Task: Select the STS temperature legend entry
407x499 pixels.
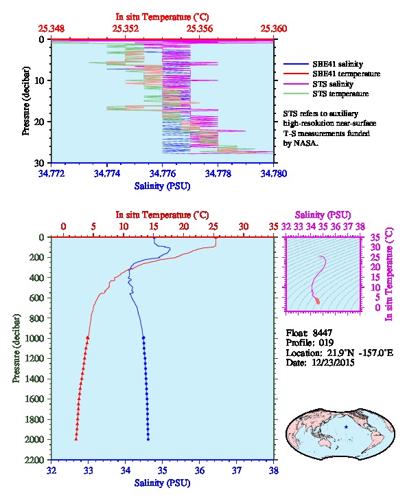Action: (326, 93)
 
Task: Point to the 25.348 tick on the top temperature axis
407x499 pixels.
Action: (51, 29)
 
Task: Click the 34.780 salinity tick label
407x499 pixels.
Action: (274, 173)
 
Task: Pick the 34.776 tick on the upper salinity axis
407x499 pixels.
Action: (163, 173)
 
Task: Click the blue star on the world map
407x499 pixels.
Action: (346, 427)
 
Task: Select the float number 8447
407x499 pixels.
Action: (322, 333)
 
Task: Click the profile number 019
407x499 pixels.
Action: (326, 343)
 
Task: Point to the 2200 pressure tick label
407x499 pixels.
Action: (34, 460)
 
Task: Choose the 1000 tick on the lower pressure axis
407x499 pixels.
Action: (34, 338)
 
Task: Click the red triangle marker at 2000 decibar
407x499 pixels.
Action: (76, 439)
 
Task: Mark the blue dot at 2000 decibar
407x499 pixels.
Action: (148, 439)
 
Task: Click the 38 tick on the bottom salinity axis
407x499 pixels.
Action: (274, 470)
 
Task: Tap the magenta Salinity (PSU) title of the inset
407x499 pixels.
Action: (323, 215)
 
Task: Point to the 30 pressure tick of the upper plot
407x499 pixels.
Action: (39, 163)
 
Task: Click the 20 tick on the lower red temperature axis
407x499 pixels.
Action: (184, 227)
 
